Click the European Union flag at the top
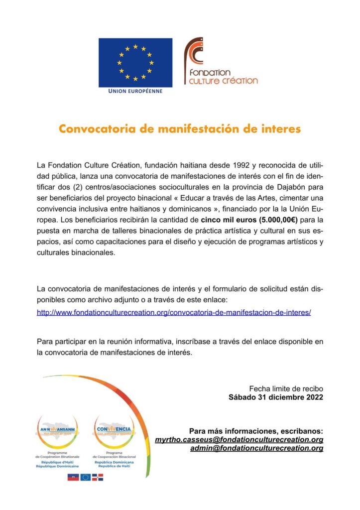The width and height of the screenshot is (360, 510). tap(135, 62)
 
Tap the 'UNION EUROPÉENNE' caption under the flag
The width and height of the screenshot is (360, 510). tap(135, 92)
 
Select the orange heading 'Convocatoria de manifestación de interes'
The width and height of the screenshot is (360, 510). tap(180, 129)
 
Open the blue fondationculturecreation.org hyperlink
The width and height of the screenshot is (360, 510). tap(174, 312)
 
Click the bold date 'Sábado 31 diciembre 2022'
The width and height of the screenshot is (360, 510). tap(276, 397)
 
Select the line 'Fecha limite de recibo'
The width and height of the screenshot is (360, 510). tap(286, 388)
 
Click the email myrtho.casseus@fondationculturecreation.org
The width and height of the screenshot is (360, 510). tap(239, 440)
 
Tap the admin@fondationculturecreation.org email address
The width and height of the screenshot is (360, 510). tap(256, 448)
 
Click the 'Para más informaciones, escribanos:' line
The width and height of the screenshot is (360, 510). tap(256, 430)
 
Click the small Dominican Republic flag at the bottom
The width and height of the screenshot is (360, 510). tap(98, 477)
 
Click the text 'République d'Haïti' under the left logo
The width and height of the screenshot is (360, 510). tap(57, 462)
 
